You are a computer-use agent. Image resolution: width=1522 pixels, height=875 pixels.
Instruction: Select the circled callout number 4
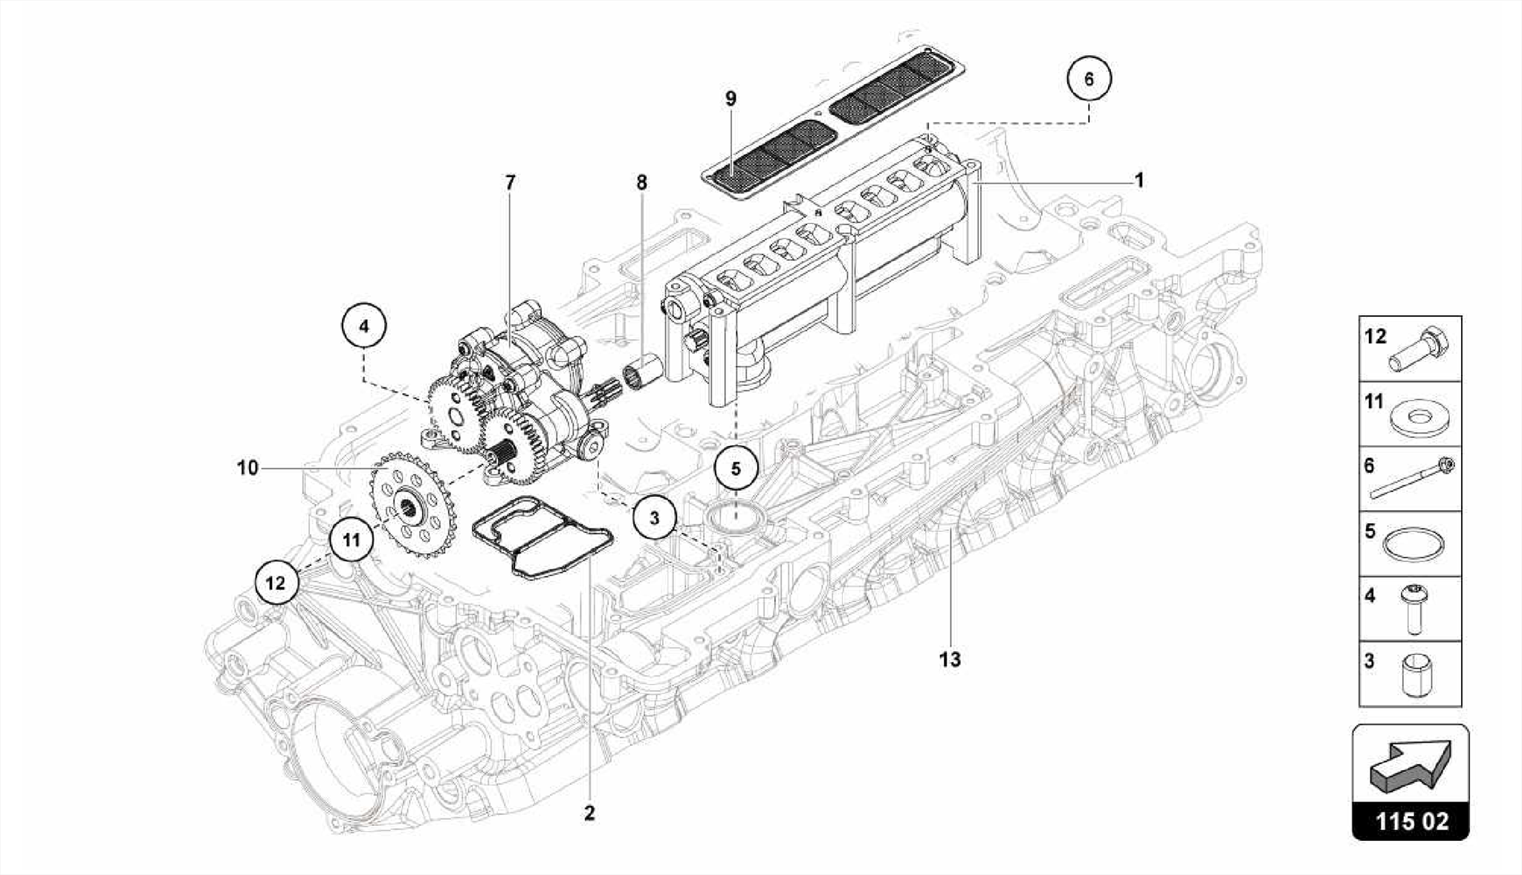(x=363, y=326)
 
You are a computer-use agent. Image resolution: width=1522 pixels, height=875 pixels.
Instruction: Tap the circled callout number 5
(x=736, y=468)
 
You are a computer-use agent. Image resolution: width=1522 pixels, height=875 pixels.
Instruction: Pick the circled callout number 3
(x=654, y=518)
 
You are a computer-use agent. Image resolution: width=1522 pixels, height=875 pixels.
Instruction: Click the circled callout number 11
(x=351, y=540)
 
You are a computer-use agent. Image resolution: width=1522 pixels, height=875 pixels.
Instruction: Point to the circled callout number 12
(x=276, y=583)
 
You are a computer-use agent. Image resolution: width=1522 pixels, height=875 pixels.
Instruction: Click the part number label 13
(x=950, y=659)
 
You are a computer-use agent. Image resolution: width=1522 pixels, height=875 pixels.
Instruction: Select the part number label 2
(x=589, y=813)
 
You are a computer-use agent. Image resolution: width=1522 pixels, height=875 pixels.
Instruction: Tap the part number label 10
(x=247, y=468)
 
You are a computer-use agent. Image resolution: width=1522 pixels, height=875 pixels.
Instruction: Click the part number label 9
(x=731, y=99)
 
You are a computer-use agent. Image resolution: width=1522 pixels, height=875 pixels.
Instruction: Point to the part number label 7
(x=510, y=182)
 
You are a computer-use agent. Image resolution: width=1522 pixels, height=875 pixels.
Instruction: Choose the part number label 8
(x=641, y=182)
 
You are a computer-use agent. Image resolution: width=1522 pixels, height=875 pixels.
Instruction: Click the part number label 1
(x=1139, y=181)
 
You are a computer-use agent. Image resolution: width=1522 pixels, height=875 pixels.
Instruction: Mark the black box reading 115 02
(x=1411, y=821)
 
